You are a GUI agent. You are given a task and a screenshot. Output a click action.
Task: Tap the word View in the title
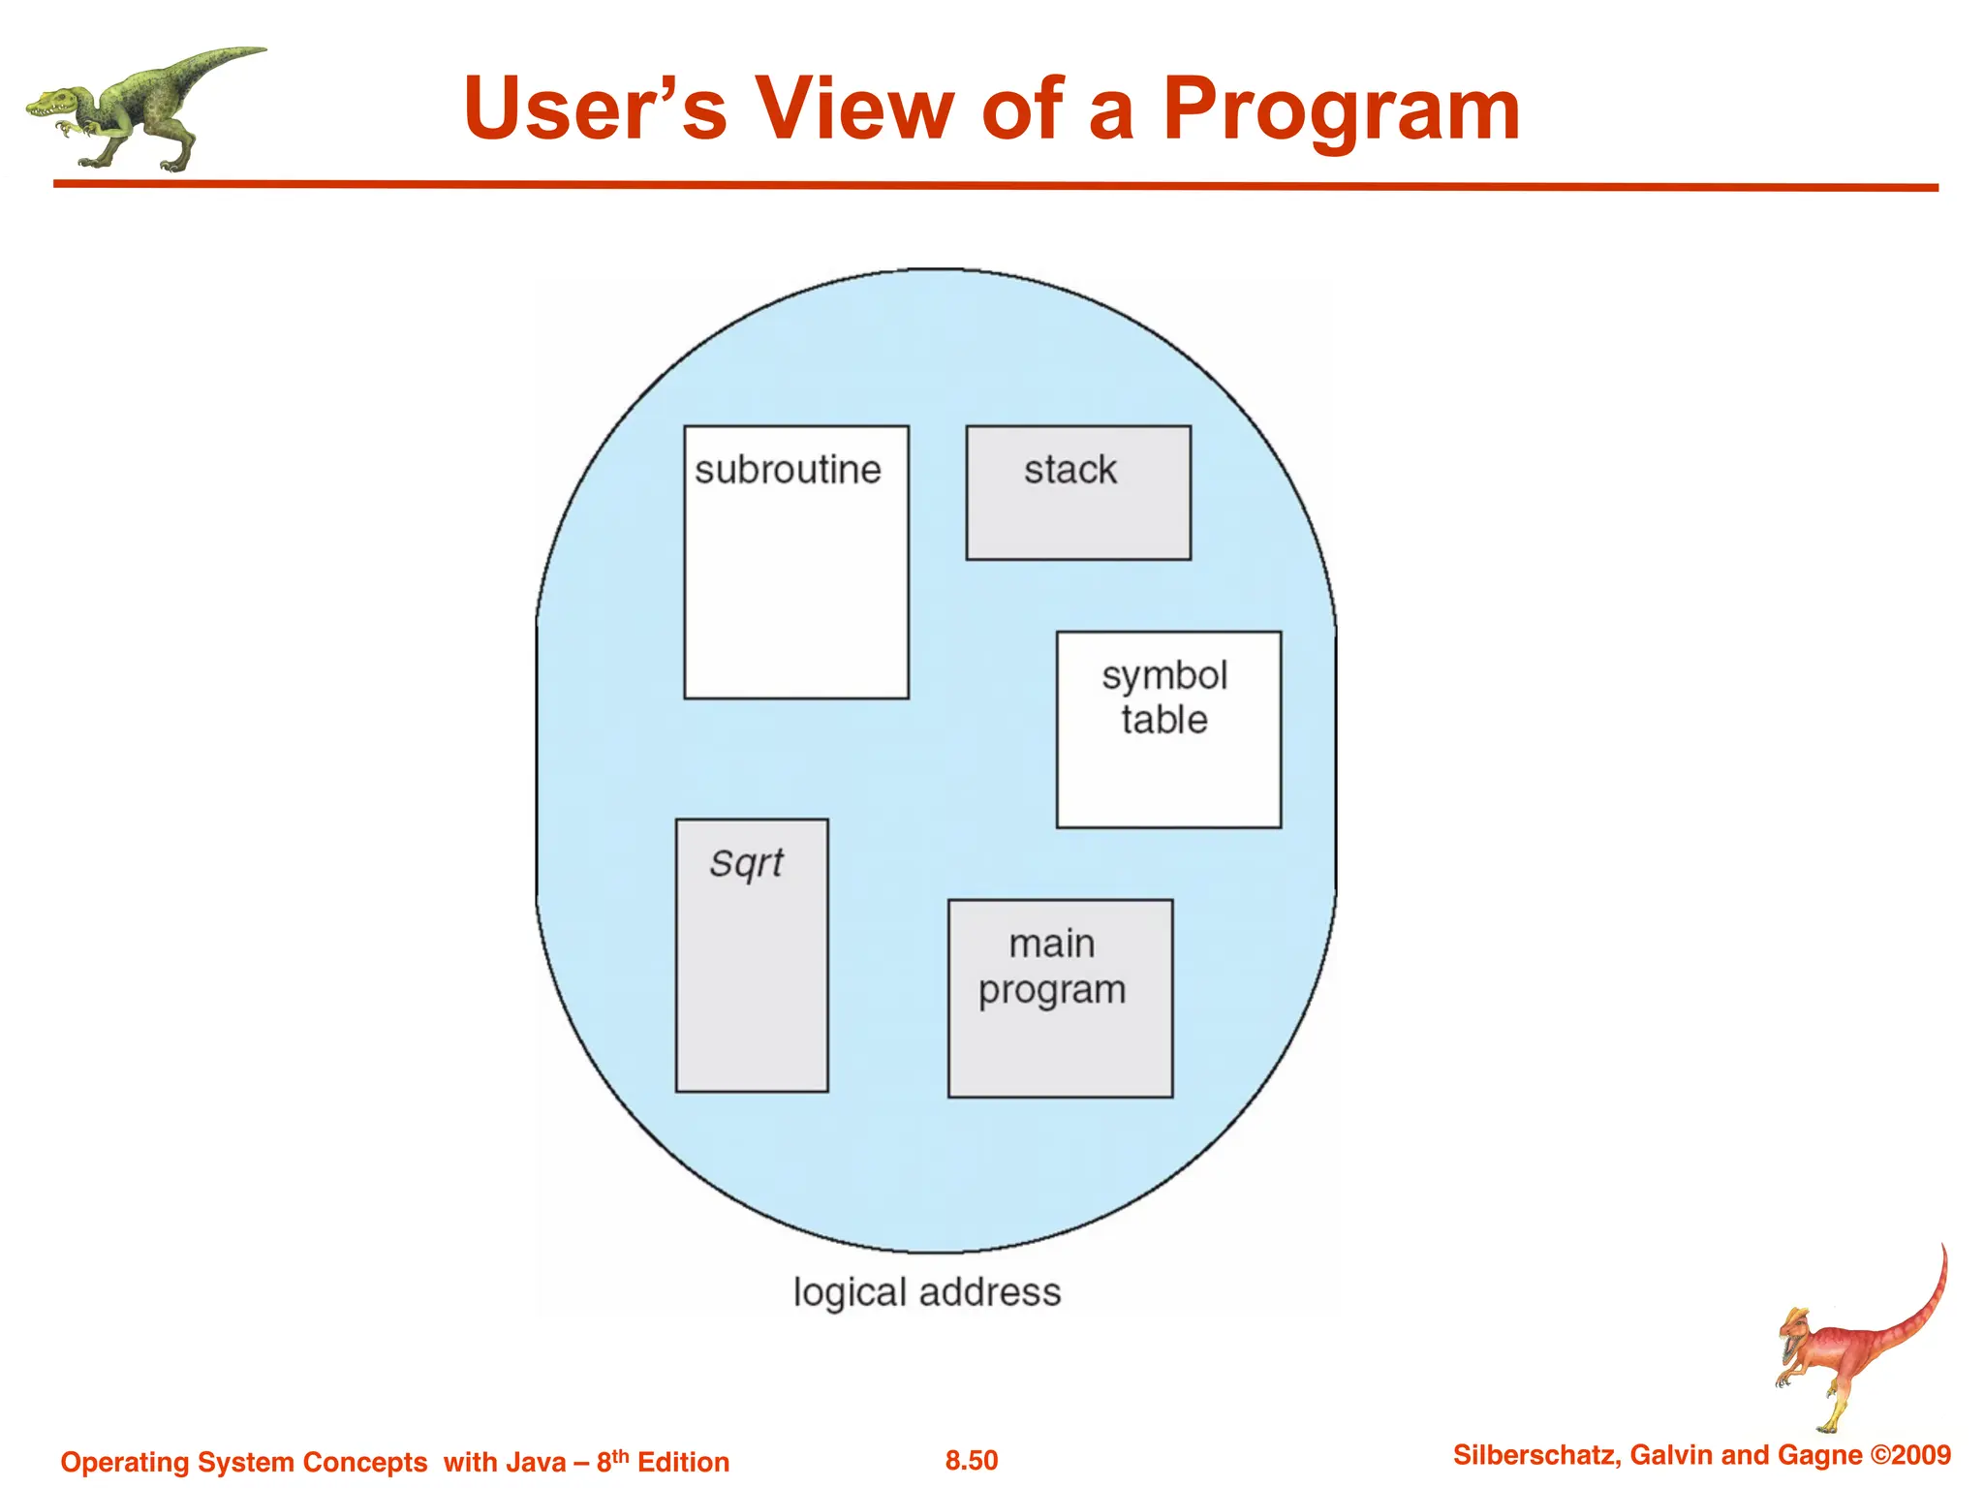pyautogui.click(x=854, y=108)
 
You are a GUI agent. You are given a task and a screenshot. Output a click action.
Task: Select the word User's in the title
pyautogui.click(x=595, y=108)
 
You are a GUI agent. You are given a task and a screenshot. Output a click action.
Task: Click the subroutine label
pyautogui.click(x=788, y=471)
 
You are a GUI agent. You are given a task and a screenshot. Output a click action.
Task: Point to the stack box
pyautogui.click(x=1078, y=493)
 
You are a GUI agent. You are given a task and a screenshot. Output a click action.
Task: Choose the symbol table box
pyautogui.click(x=1168, y=729)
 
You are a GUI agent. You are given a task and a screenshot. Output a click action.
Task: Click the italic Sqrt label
pyautogui.click(x=746, y=862)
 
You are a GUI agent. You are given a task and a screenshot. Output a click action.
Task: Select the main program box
pyautogui.click(x=1060, y=998)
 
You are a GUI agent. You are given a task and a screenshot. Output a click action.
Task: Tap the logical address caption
pyautogui.click(x=927, y=1292)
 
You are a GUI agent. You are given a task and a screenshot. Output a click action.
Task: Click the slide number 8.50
pyautogui.click(x=972, y=1461)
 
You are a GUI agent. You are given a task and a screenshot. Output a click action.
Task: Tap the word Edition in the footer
pyautogui.click(x=683, y=1462)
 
